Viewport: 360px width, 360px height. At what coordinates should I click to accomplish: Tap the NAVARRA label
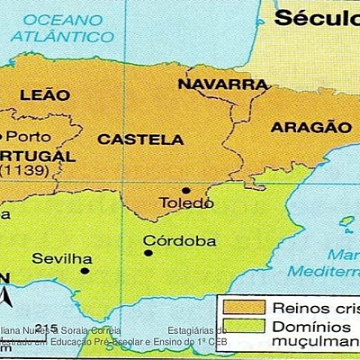tap(222, 85)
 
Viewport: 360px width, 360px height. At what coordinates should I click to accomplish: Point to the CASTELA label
tap(140, 139)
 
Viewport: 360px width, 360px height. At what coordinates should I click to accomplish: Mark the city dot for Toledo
tap(185, 190)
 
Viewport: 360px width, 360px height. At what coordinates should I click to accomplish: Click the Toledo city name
tap(186, 204)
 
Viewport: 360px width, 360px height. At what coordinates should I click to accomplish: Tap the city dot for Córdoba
tap(148, 253)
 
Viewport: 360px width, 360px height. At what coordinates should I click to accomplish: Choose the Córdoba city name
tap(180, 241)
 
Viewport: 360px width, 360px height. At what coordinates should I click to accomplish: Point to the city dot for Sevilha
tap(85, 270)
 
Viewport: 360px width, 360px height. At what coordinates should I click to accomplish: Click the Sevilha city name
tap(62, 258)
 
